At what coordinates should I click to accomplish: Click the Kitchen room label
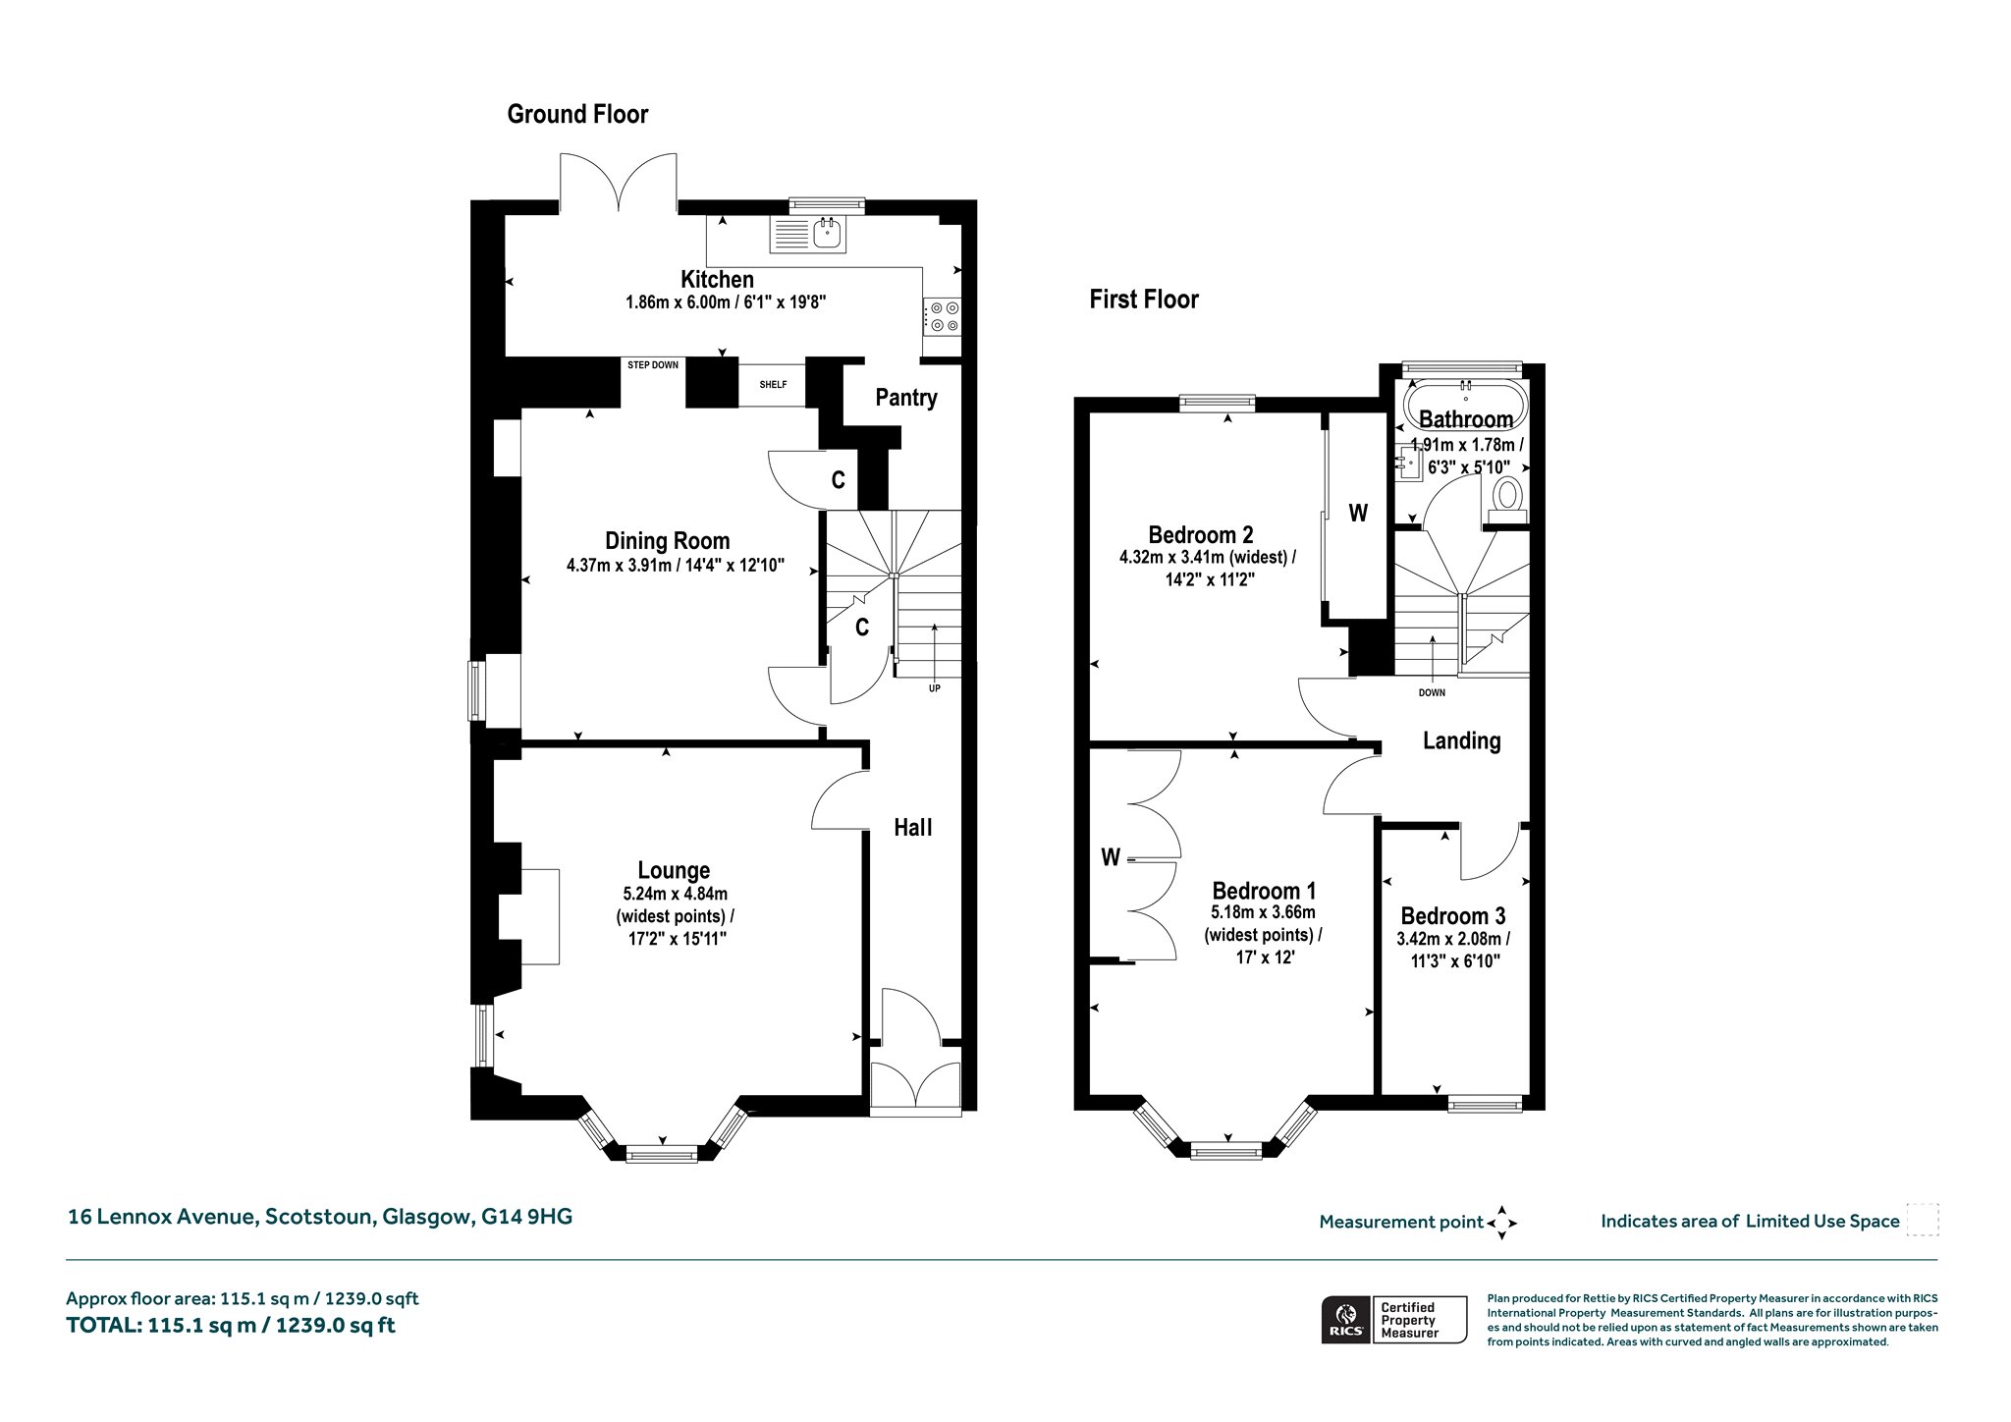pos(718,279)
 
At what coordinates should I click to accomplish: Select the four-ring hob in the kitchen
pos(944,315)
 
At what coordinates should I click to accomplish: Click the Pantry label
pos(906,398)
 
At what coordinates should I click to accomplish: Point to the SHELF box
pos(773,385)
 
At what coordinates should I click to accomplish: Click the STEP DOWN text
pos(653,365)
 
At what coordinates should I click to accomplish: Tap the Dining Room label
pos(668,541)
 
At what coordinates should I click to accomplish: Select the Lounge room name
pos(674,870)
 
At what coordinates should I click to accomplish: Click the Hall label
pos(913,828)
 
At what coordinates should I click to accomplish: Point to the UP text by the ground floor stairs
pos(935,688)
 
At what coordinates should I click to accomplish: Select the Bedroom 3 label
pos(1453,916)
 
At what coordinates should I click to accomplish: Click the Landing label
pos(1462,741)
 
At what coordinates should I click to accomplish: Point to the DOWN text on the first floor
pos(1432,693)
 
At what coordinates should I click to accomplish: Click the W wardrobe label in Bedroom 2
pos(1358,513)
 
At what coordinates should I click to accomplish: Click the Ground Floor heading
pos(577,115)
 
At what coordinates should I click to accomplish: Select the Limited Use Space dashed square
pos(1922,1220)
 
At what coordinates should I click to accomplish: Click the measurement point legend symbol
pos(1502,1223)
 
